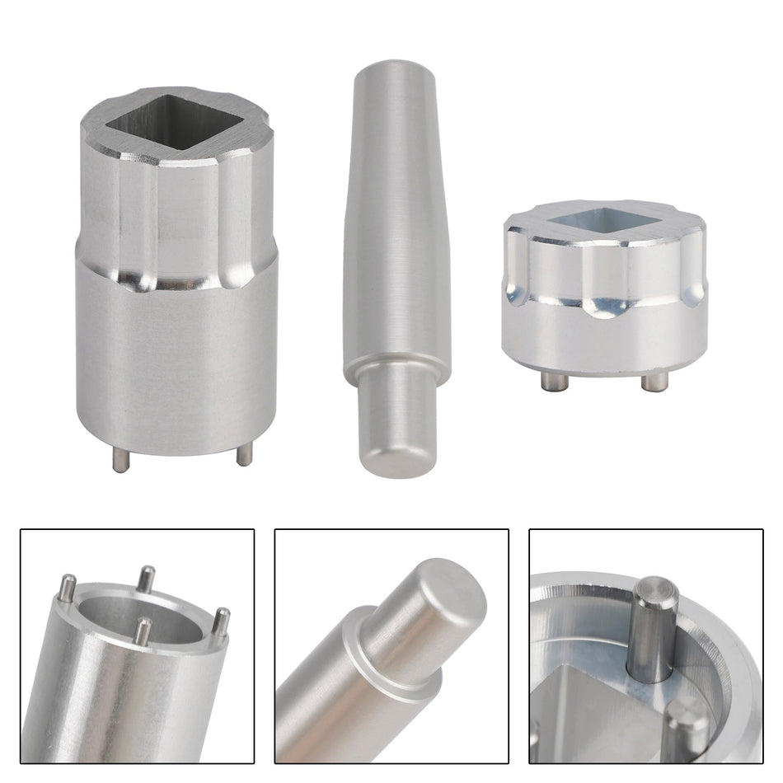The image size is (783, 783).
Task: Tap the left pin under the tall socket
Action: (121, 461)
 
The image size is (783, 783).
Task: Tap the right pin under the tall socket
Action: (244, 454)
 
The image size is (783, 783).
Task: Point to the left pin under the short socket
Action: (547, 381)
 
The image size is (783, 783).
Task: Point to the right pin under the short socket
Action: (654, 382)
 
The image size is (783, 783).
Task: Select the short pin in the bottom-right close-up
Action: (687, 725)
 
